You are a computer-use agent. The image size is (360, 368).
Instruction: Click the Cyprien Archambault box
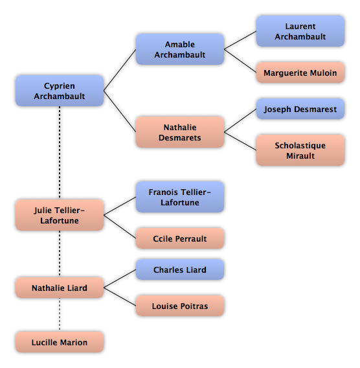pyautogui.click(x=60, y=91)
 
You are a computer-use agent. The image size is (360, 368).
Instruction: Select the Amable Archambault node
pyautogui.click(x=180, y=49)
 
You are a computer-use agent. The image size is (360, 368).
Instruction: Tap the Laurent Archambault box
pyautogui.click(x=300, y=31)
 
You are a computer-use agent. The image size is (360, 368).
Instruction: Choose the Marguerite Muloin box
pyautogui.click(x=300, y=73)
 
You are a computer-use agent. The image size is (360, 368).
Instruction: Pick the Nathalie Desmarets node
pyautogui.click(x=180, y=132)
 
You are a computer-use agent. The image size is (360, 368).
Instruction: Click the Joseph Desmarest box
pyautogui.click(x=300, y=109)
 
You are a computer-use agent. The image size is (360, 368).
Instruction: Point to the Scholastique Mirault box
pyautogui.click(x=300, y=150)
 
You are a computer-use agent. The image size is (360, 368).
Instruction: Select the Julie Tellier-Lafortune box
pyautogui.click(x=60, y=215)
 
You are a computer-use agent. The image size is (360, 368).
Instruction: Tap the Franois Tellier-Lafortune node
pyautogui.click(x=180, y=197)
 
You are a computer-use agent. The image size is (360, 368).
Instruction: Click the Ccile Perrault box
pyautogui.click(x=180, y=238)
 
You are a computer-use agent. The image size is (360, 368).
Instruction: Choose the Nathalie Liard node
pyautogui.click(x=60, y=288)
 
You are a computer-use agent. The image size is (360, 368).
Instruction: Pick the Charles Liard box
pyautogui.click(x=180, y=270)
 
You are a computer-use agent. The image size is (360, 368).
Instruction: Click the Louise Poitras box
pyautogui.click(x=180, y=306)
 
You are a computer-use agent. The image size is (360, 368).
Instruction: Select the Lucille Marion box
pyautogui.click(x=60, y=342)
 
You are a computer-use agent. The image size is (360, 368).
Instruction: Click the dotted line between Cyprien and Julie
pyautogui.click(x=60, y=153)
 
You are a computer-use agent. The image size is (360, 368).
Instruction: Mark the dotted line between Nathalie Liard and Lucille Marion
pyautogui.click(x=60, y=315)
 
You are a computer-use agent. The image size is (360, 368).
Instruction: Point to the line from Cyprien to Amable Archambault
pyautogui.click(x=120, y=70)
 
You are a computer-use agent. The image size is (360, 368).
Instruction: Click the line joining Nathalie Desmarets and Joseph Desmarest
pyautogui.click(x=240, y=121)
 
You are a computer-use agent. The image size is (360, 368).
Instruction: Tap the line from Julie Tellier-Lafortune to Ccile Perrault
pyautogui.click(x=120, y=227)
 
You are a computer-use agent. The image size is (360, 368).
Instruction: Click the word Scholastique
pyautogui.click(x=300, y=146)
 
